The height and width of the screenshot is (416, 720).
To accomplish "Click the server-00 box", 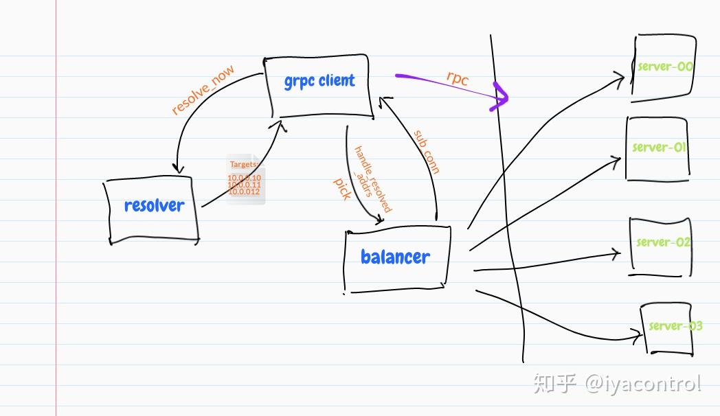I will click(664, 67).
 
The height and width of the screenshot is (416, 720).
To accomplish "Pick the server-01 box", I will click(657, 148).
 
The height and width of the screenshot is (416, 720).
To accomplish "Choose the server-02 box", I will click(661, 246).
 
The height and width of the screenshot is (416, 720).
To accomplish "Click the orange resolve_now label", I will click(203, 89).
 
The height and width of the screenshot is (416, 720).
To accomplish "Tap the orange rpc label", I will click(458, 78).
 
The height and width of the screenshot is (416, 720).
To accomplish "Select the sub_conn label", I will click(426, 152).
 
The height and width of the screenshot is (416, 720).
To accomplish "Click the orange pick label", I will click(342, 189).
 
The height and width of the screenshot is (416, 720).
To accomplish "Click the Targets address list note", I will click(245, 180).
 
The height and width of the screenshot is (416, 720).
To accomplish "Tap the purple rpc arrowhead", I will click(502, 97).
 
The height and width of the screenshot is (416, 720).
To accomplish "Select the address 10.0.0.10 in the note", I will click(244, 178).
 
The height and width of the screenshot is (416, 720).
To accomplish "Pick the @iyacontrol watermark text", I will click(643, 383).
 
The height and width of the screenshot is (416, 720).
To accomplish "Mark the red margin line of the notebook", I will click(56, 206).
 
